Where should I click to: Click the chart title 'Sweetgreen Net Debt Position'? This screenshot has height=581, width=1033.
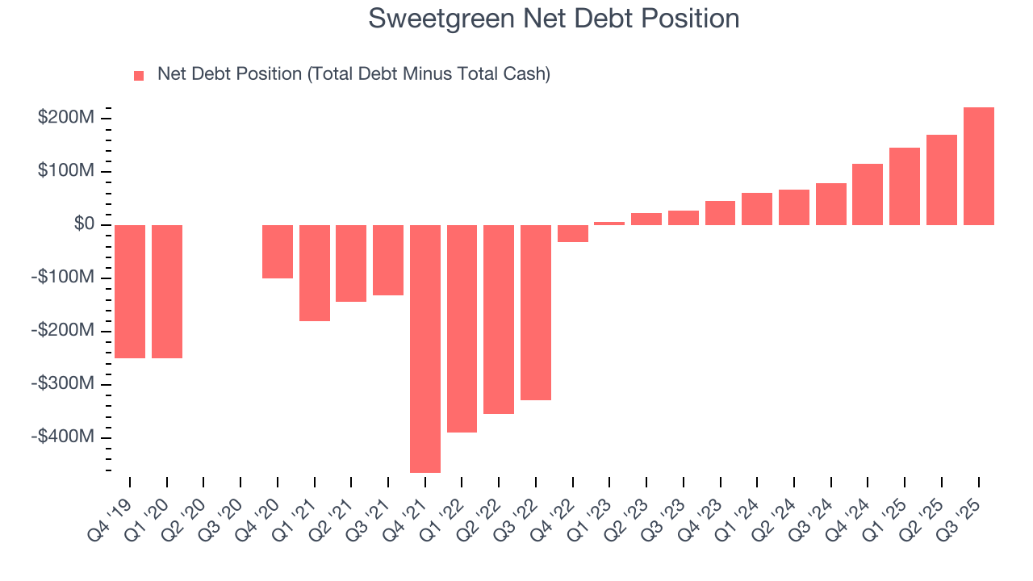pos(554,19)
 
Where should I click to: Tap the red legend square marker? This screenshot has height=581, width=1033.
pos(139,75)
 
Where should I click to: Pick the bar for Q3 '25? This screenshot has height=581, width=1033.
pos(978,166)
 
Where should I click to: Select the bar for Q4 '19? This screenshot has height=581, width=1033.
pos(130,291)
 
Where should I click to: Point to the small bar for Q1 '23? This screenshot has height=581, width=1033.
pos(609,224)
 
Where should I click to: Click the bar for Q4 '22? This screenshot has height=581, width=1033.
pos(573,233)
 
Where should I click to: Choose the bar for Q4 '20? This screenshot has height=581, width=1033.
pos(278,252)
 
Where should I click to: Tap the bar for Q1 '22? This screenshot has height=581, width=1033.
pos(462,328)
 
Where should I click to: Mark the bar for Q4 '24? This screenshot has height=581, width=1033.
pos(868,194)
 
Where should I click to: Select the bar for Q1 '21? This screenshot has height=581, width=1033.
pos(315,273)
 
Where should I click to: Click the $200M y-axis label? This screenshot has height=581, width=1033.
pos(66,119)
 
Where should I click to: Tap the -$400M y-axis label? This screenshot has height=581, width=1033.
pos(63,437)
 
